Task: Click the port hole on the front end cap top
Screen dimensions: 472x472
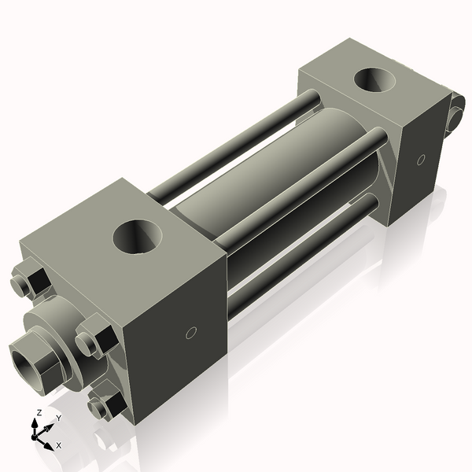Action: (x=137, y=237)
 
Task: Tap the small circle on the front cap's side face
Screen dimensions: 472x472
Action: (x=190, y=334)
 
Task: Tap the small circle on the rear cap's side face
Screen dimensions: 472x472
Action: (x=421, y=160)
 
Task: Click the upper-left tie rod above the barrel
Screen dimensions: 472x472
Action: (x=236, y=146)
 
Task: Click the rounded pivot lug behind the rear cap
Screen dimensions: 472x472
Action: (x=455, y=115)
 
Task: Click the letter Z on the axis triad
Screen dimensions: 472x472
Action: (x=39, y=412)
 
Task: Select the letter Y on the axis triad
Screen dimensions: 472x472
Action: (x=58, y=419)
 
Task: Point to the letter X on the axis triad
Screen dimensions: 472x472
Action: (x=59, y=445)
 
